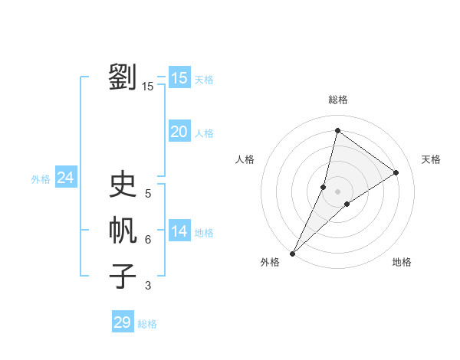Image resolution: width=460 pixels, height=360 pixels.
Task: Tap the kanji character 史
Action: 123,185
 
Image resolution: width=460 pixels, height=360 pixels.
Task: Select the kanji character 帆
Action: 123,231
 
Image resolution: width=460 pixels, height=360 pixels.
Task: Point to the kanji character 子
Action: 123,277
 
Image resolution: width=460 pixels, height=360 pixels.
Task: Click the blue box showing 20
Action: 179,132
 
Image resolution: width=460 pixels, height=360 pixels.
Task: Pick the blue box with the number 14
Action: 179,231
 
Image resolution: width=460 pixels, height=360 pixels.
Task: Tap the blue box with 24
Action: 65,178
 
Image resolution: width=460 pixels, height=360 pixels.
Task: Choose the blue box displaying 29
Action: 123,322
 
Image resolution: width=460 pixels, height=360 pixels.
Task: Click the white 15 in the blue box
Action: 179,77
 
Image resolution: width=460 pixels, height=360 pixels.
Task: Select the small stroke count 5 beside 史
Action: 148,194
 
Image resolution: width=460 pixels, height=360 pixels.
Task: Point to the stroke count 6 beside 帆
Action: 148,240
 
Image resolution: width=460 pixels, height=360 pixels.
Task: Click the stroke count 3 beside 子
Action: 148,286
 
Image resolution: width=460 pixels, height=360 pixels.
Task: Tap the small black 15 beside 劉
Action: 148,87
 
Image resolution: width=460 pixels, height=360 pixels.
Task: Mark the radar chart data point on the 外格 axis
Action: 292,254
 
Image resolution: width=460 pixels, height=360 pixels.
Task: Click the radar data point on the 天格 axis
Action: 396,172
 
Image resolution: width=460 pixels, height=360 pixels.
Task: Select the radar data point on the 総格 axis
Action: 337,130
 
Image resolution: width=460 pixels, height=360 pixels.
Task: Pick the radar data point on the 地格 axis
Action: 347,204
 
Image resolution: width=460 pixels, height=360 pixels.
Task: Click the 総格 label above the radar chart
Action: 337,100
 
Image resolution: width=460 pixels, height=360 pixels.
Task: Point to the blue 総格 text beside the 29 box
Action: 147,324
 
